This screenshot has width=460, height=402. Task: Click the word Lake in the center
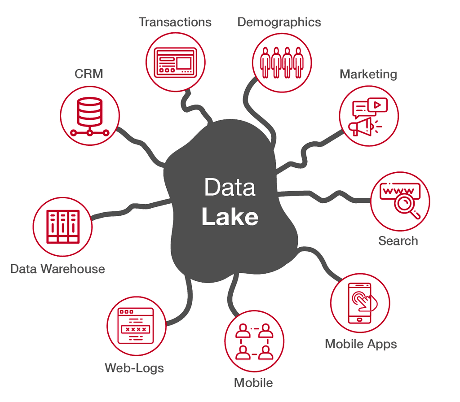tap(230, 217)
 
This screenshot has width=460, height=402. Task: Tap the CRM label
tap(89, 74)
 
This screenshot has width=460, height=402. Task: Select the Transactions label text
tap(175, 22)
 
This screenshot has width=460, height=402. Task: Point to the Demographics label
tap(279, 22)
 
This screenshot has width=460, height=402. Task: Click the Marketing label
tap(368, 74)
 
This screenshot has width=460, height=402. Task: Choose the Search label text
tap(398, 241)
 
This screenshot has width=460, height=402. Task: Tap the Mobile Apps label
tap(361, 344)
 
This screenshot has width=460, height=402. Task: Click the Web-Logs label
tap(134, 368)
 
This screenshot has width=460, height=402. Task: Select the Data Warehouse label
tap(57, 269)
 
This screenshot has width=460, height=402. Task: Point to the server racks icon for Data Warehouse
tap(62, 227)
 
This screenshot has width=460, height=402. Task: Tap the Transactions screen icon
tap(176, 61)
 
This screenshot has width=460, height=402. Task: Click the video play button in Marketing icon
tap(378, 105)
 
